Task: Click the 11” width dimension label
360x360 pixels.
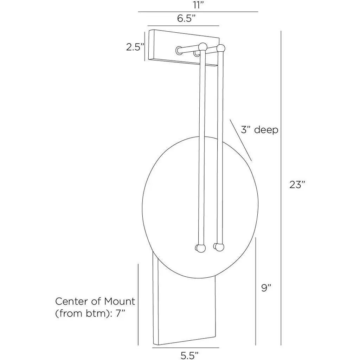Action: point(198,5)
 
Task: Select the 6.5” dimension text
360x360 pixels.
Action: point(186,18)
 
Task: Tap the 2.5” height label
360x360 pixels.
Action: point(135,47)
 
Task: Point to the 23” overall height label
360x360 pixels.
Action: point(297,185)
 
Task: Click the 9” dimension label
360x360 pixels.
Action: point(266,288)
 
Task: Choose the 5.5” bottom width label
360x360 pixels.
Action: point(189,355)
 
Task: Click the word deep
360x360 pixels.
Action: point(266,130)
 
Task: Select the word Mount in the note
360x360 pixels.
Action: point(120,301)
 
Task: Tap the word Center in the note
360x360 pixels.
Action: point(72,301)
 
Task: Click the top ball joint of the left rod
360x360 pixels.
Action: point(203,47)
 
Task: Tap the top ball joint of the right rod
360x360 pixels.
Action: point(221,48)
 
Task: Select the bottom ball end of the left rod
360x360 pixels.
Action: point(201,249)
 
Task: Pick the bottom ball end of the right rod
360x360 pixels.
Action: point(219,247)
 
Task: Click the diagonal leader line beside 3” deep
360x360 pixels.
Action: point(241,140)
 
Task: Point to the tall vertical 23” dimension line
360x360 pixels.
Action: point(281,188)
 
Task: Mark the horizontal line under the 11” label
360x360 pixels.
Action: point(198,12)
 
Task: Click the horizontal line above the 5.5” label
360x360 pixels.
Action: point(186,348)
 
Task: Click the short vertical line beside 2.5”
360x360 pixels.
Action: point(144,46)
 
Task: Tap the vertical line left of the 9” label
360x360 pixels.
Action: point(256,291)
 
